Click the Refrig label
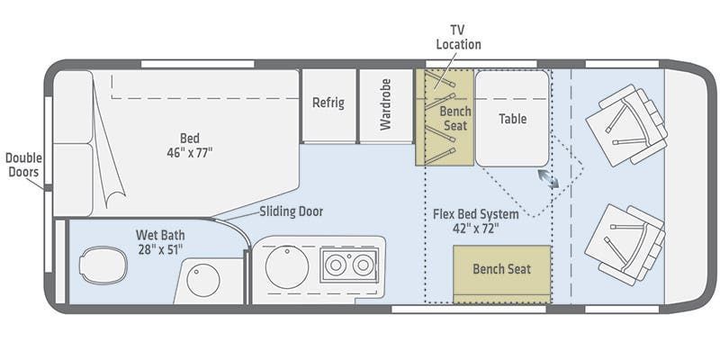pyautogui.click(x=328, y=103)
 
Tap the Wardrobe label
pyautogui.click(x=385, y=104)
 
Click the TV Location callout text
pyautogui.click(x=458, y=37)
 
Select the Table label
pyautogui.click(x=512, y=119)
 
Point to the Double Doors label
pyautogui.click(x=23, y=166)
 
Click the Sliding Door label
pyautogui.click(x=291, y=211)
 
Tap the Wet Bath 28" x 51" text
pyautogui.click(x=160, y=242)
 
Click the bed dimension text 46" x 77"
pyautogui.click(x=190, y=152)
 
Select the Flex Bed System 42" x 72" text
pyautogui.click(x=476, y=221)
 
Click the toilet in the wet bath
pyautogui.click(x=103, y=265)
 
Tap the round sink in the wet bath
pyautogui.click(x=203, y=280)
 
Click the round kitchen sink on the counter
pyautogui.click(x=287, y=267)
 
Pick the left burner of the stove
pyautogui.click(x=336, y=265)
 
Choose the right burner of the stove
pyautogui.click(x=364, y=265)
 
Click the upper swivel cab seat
pyautogui.click(x=626, y=125)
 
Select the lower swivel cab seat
pyautogui.click(x=625, y=245)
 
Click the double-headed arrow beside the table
pyautogui.click(x=548, y=178)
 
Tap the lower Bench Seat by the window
pyautogui.click(x=502, y=274)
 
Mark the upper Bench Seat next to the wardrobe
pyautogui.click(x=445, y=117)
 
